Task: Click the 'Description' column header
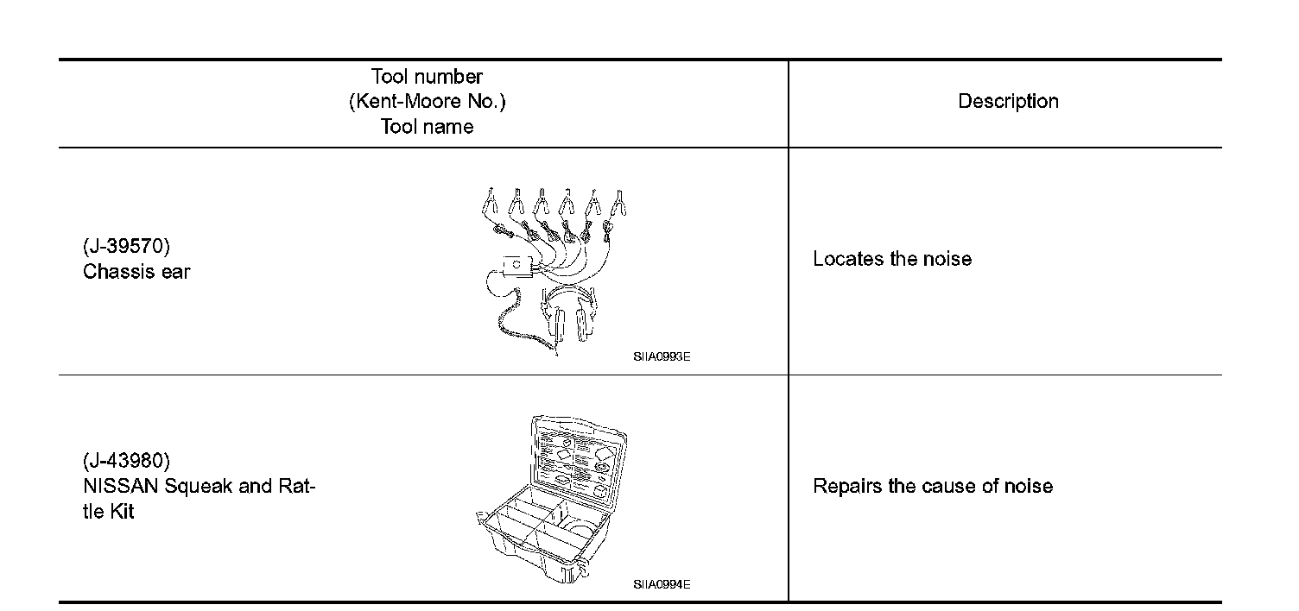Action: [1008, 102]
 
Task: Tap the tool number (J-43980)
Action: [126, 460]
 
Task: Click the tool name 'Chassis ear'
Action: [136, 272]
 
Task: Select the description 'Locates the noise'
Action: [892, 260]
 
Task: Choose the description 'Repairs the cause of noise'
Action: [933, 486]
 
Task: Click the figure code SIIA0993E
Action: [662, 357]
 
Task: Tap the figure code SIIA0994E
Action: [662, 584]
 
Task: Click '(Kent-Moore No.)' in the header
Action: [427, 102]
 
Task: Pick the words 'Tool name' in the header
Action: [427, 127]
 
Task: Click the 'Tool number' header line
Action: [427, 77]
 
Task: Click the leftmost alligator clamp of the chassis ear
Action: [489, 204]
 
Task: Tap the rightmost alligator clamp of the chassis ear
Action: [618, 204]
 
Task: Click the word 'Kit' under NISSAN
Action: [121, 512]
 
